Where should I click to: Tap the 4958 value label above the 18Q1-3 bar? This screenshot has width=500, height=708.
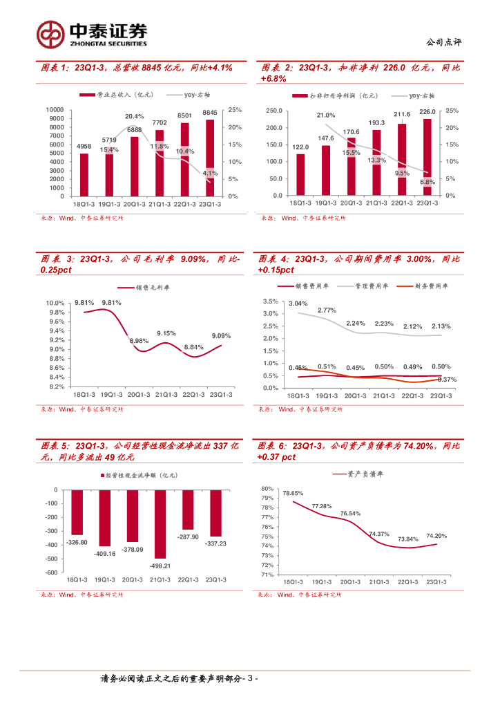84,146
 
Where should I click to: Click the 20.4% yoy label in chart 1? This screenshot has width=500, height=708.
135,116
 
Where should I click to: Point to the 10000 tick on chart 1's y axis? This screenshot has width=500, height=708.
55,110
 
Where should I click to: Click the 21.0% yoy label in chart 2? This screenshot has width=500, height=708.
326,115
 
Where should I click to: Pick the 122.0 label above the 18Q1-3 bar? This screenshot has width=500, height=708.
300,147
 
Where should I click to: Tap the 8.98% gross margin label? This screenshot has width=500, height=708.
139,341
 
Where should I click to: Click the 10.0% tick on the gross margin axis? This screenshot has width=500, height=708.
55,303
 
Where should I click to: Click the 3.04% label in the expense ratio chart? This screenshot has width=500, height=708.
298,304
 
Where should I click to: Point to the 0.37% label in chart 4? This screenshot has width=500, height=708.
447,380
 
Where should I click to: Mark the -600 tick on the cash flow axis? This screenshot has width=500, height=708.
50,572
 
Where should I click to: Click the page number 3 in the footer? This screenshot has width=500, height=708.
251,680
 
